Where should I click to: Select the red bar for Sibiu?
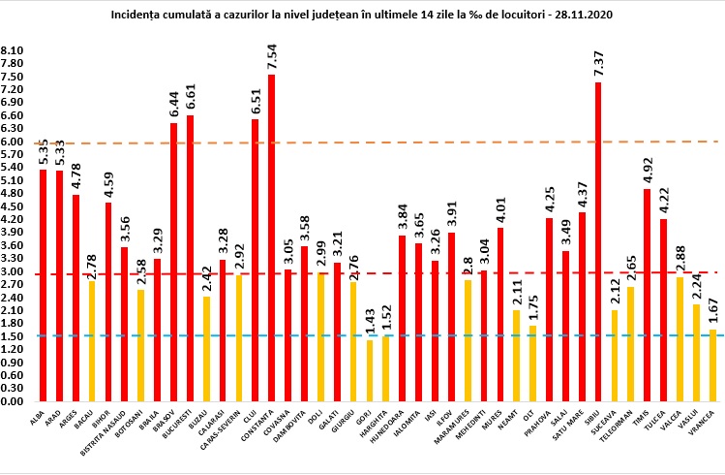598,241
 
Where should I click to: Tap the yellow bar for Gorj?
369,369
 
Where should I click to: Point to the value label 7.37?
598,61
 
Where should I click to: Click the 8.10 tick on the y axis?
14,50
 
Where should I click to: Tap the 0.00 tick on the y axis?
14,400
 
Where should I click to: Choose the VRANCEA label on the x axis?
711,421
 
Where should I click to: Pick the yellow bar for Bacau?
92,340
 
